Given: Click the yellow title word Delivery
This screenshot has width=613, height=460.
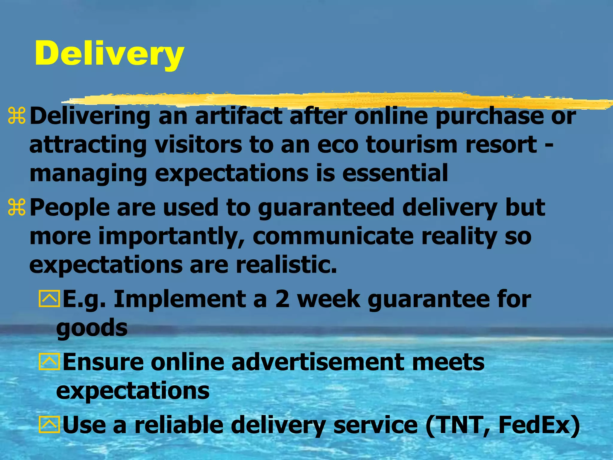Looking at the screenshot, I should click(109, 54).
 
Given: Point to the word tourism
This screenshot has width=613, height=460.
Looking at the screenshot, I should click(412, 145).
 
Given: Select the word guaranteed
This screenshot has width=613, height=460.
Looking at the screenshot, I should click(326, 208).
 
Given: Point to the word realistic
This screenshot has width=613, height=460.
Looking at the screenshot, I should click(286, 265).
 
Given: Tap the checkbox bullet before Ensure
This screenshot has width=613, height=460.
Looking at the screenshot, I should click(49, 362).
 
